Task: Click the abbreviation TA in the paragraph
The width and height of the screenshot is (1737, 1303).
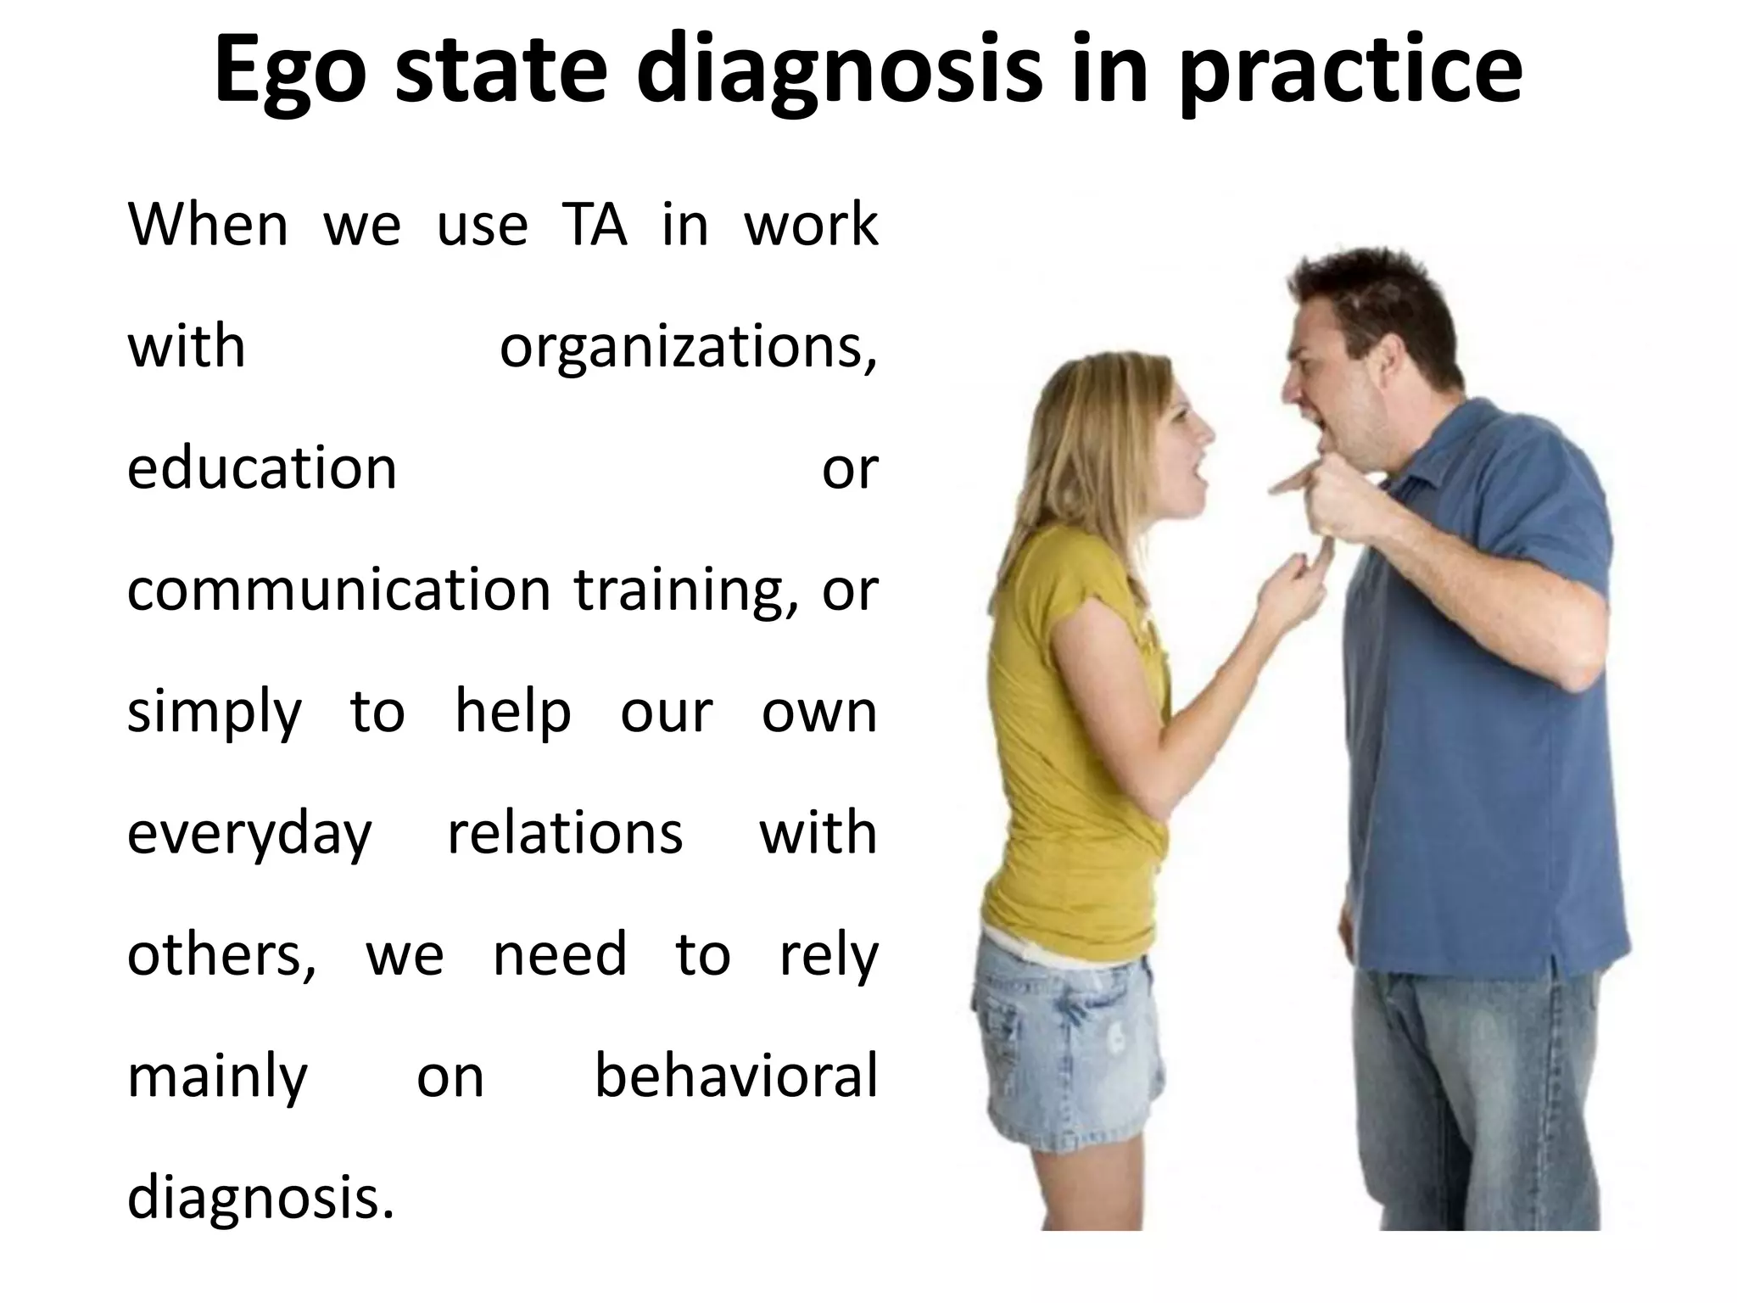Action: point(594,226)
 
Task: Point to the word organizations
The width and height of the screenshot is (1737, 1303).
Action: point(688,349)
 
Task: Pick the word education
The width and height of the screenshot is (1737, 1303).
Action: point(262,468)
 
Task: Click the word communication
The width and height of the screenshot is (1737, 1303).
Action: point(338,590)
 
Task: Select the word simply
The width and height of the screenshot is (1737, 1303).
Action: point(214,713)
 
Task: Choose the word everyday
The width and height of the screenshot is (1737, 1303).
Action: point(249,835)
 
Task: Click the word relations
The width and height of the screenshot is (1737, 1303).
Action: point(565,833)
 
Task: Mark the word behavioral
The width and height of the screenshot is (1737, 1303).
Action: point(735,1077)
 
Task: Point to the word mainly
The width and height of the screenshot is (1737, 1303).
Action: point(217,1078)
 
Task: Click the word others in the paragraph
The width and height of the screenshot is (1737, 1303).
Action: point(221,955)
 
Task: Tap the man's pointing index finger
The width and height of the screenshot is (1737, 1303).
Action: point(1289,486)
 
